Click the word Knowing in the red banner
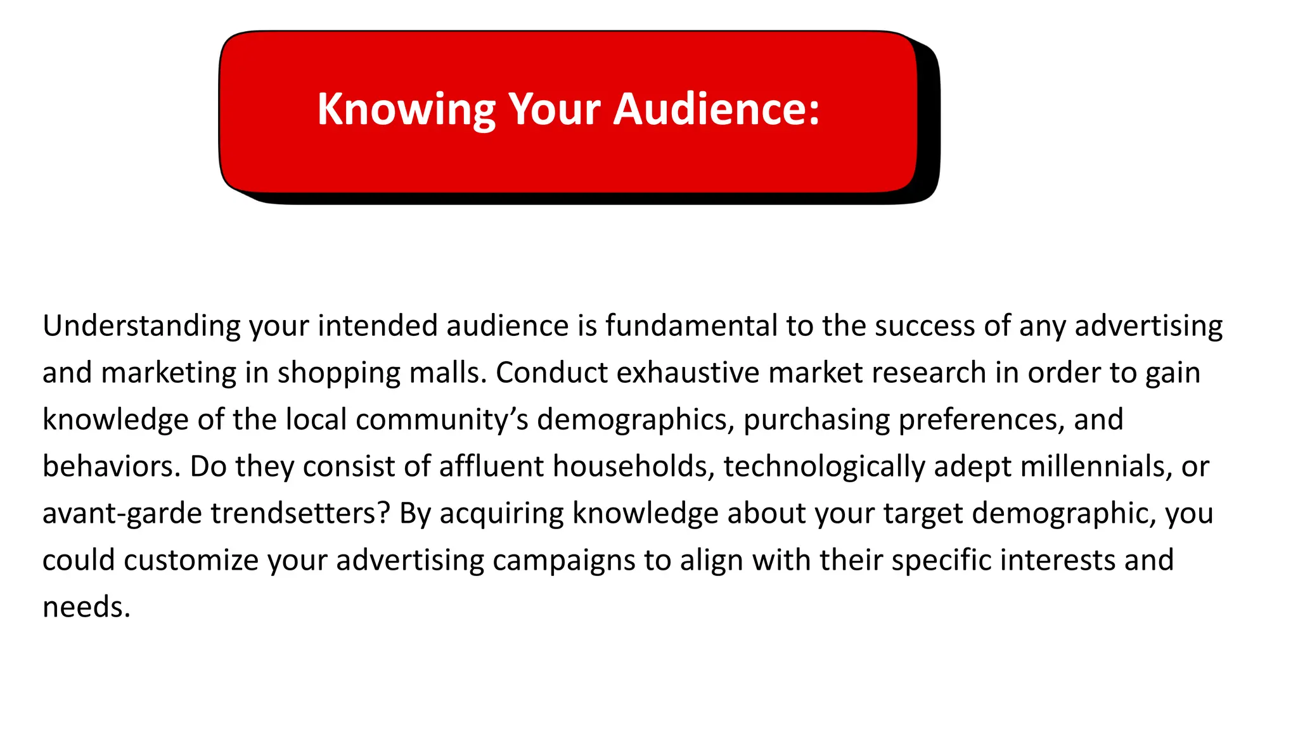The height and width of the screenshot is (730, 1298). click(406, 110)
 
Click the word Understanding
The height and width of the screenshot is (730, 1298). click(141, 326)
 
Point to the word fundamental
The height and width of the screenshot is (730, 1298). click(691, 326)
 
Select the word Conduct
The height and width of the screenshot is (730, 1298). click(551, 373)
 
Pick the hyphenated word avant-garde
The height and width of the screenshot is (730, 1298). click(122, 514)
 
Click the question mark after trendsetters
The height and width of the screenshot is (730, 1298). click(383, 513)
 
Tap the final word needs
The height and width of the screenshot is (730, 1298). click(86, 608)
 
